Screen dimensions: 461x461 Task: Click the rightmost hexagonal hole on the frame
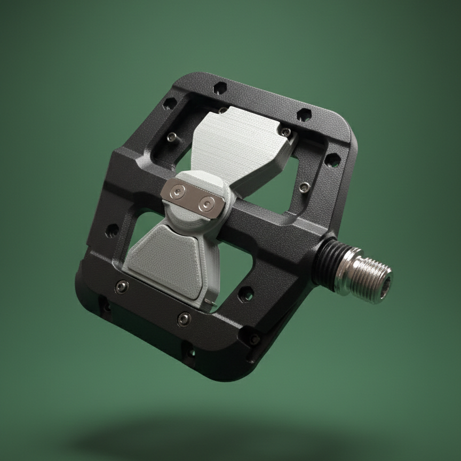tap(331, 158)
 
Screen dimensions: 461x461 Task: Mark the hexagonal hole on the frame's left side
tap(112, 230)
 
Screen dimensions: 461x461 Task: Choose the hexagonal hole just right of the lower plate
tap(245, 292)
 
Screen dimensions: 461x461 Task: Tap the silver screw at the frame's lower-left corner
tap(122, 287)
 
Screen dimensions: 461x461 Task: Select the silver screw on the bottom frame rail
tap(184, 319)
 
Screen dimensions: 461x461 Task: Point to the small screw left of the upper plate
tap(172, 138)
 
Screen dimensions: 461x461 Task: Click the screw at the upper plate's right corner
tap(287, 132)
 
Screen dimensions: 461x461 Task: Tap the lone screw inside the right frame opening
tap(304, 187)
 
